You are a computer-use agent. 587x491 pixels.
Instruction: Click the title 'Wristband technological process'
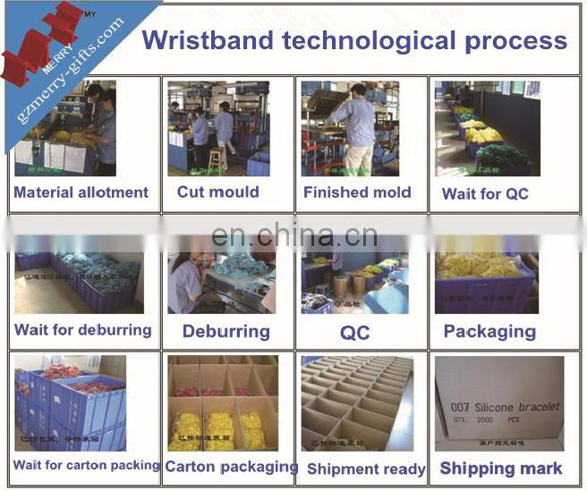354,40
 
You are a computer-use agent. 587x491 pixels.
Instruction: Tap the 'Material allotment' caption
81,192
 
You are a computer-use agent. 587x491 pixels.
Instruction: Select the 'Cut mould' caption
217,191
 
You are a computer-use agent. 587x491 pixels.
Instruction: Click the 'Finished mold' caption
357,192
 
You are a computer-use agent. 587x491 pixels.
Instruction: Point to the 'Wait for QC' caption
485,194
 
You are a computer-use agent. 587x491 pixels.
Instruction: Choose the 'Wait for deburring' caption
82,330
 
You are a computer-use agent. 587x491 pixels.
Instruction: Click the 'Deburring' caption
225,332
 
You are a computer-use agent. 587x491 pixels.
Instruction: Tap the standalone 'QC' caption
354,333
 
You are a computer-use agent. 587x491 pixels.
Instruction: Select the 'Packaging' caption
489,332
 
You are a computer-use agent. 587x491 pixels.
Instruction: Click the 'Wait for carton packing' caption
86,465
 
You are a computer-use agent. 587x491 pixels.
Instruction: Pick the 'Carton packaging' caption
232,466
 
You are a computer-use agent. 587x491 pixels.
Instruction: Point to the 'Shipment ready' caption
366,469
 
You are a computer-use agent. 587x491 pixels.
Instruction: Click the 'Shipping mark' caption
501,469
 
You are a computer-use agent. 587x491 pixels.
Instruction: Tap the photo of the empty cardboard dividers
357,402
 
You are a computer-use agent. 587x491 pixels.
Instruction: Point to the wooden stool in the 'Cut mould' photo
215,160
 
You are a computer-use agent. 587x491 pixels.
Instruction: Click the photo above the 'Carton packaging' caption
222,402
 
